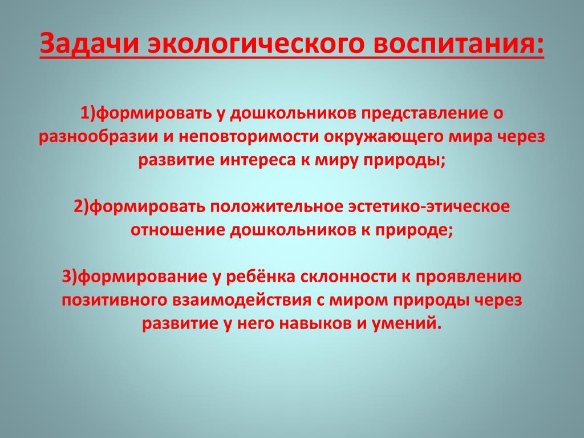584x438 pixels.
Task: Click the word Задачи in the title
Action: click(x=90, y=43)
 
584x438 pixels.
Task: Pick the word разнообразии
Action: click(x=98, y=137)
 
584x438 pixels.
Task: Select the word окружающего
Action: click(x=383, y=137)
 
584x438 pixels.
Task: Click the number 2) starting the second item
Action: click(x=82, y=206)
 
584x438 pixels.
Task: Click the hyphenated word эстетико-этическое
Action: click(x=429, y=206)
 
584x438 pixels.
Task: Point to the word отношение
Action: click(x=178, y=230)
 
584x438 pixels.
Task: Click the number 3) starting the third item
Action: click(x=70, y=277)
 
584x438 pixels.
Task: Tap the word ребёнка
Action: click(x=261, y=277)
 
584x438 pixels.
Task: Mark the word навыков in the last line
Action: click(x=315, y=323)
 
